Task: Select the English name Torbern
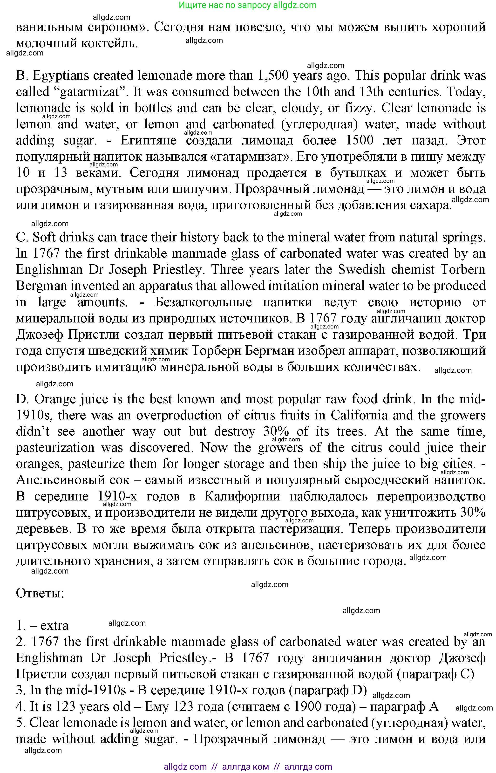[x=462, y=270]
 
